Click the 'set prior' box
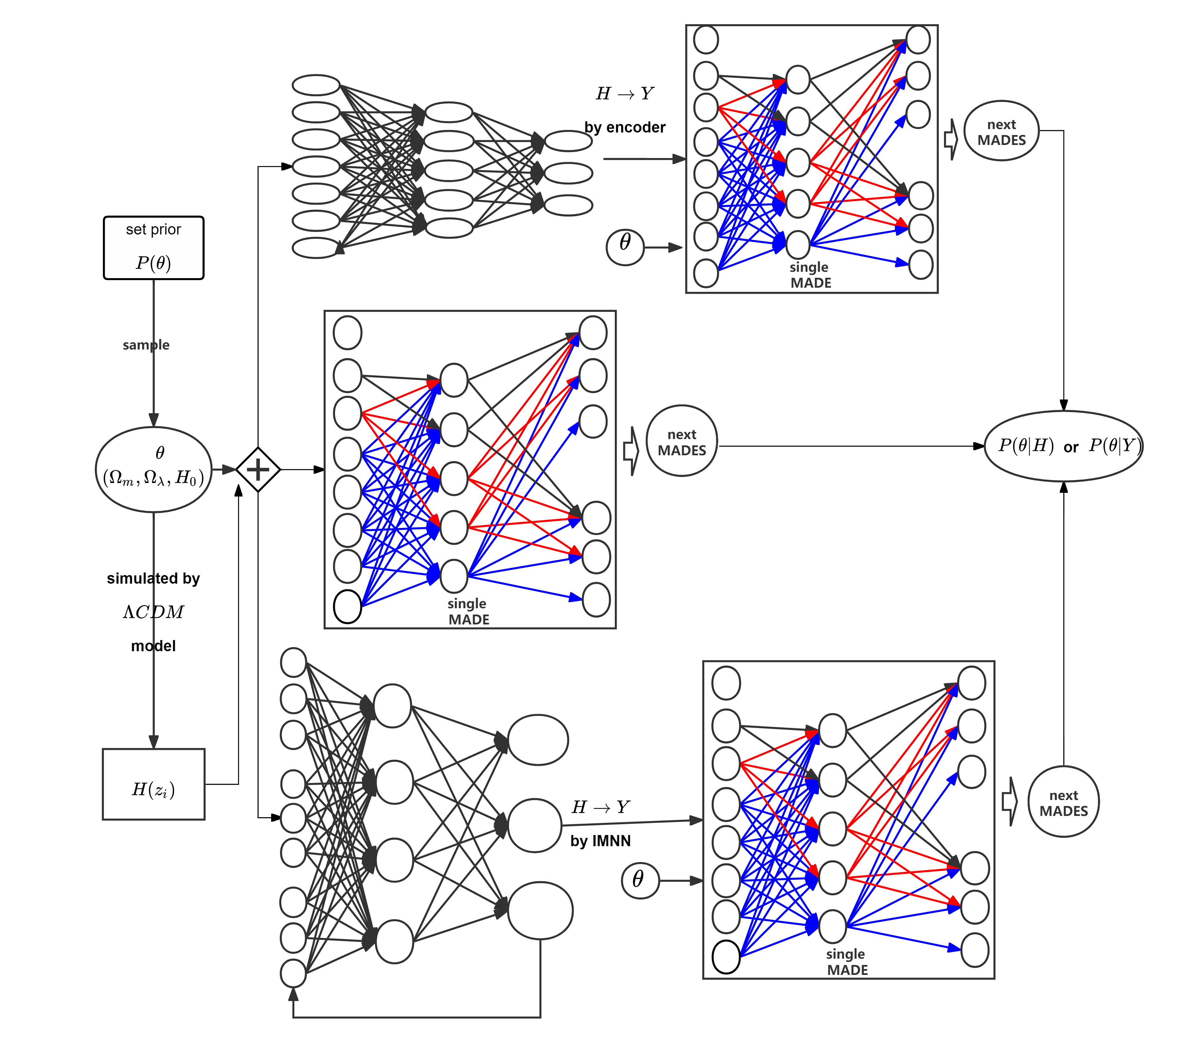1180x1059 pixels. (154, 247)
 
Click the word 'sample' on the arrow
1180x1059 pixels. (146, 345)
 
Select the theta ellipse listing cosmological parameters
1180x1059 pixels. (154, 470)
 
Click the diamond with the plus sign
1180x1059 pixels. (258, 470)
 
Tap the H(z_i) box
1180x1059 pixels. (154, 784)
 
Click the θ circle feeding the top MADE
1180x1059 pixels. (625, 247)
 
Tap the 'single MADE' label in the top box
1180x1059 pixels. (810, 275)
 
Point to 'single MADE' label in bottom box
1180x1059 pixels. (846, 962)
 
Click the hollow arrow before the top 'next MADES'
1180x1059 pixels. (950, 139)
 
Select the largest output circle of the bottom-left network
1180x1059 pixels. (540, 911)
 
